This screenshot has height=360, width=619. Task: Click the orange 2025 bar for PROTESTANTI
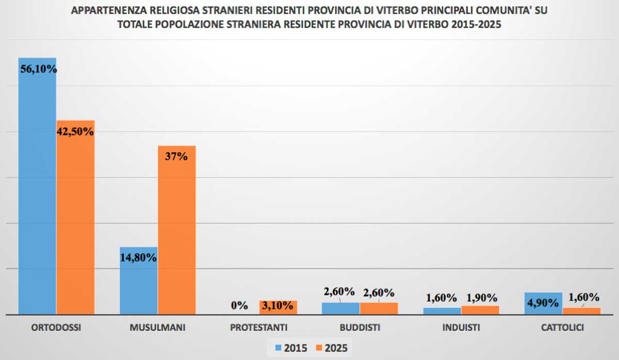[278, 308]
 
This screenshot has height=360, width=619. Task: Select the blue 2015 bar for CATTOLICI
[543, 303]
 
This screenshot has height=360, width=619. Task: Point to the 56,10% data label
[38, 69]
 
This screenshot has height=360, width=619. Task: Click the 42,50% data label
[75, 131]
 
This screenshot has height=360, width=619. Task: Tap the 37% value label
[176, 156]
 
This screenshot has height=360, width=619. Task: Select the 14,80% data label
[138, 257]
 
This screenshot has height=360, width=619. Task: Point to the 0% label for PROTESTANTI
[239, 305]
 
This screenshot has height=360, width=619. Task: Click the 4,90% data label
[543, 303]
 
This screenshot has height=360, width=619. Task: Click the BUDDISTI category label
[360, 328]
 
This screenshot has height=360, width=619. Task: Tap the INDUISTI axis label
[461, 328]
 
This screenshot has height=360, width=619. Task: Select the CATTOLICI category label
[562, 328]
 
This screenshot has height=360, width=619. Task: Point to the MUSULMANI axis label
[157, 328]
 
